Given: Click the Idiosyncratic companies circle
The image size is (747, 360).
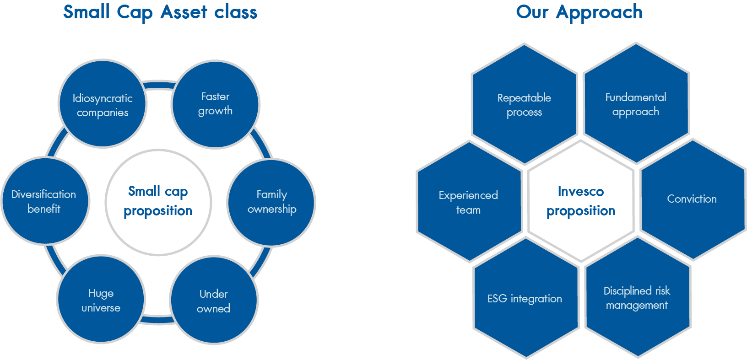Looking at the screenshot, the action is [x=103, y=104].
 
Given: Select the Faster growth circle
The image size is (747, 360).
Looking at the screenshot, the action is [x=216, y=104].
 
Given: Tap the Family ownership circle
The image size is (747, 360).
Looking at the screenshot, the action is [x=271, y=202].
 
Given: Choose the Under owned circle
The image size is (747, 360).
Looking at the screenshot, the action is [x=214, y=300].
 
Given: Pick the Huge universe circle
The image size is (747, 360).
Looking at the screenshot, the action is [x=101, y=299].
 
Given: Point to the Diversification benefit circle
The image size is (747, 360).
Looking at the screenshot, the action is [x=45, y=201].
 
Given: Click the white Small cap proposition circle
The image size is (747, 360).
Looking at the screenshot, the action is [x=158, y=202].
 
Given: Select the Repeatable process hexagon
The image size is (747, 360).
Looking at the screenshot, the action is [x=524, y=104].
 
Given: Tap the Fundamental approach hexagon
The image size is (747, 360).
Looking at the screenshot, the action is [x=636, y=103].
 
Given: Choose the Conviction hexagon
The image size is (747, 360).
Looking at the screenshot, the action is [x=693, y=199].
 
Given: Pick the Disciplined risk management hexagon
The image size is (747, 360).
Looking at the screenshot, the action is [x=638, y=297].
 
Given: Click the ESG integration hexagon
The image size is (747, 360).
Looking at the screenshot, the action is [x=526, y=298].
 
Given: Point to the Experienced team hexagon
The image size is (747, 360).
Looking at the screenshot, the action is [x=469, y=201].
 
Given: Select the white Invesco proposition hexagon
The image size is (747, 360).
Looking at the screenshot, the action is [x=581, y=201].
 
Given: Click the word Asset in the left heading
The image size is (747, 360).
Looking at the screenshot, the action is [x=184, y=12].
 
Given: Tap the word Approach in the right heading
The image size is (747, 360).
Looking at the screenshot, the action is [x=599, y=13].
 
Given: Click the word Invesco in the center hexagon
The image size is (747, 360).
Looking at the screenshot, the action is [x=581, y=191].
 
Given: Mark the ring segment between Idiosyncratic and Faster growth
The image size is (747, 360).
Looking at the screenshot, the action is [x=159, y=85].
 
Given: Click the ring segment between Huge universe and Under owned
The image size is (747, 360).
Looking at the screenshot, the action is [x=157, y=320].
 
